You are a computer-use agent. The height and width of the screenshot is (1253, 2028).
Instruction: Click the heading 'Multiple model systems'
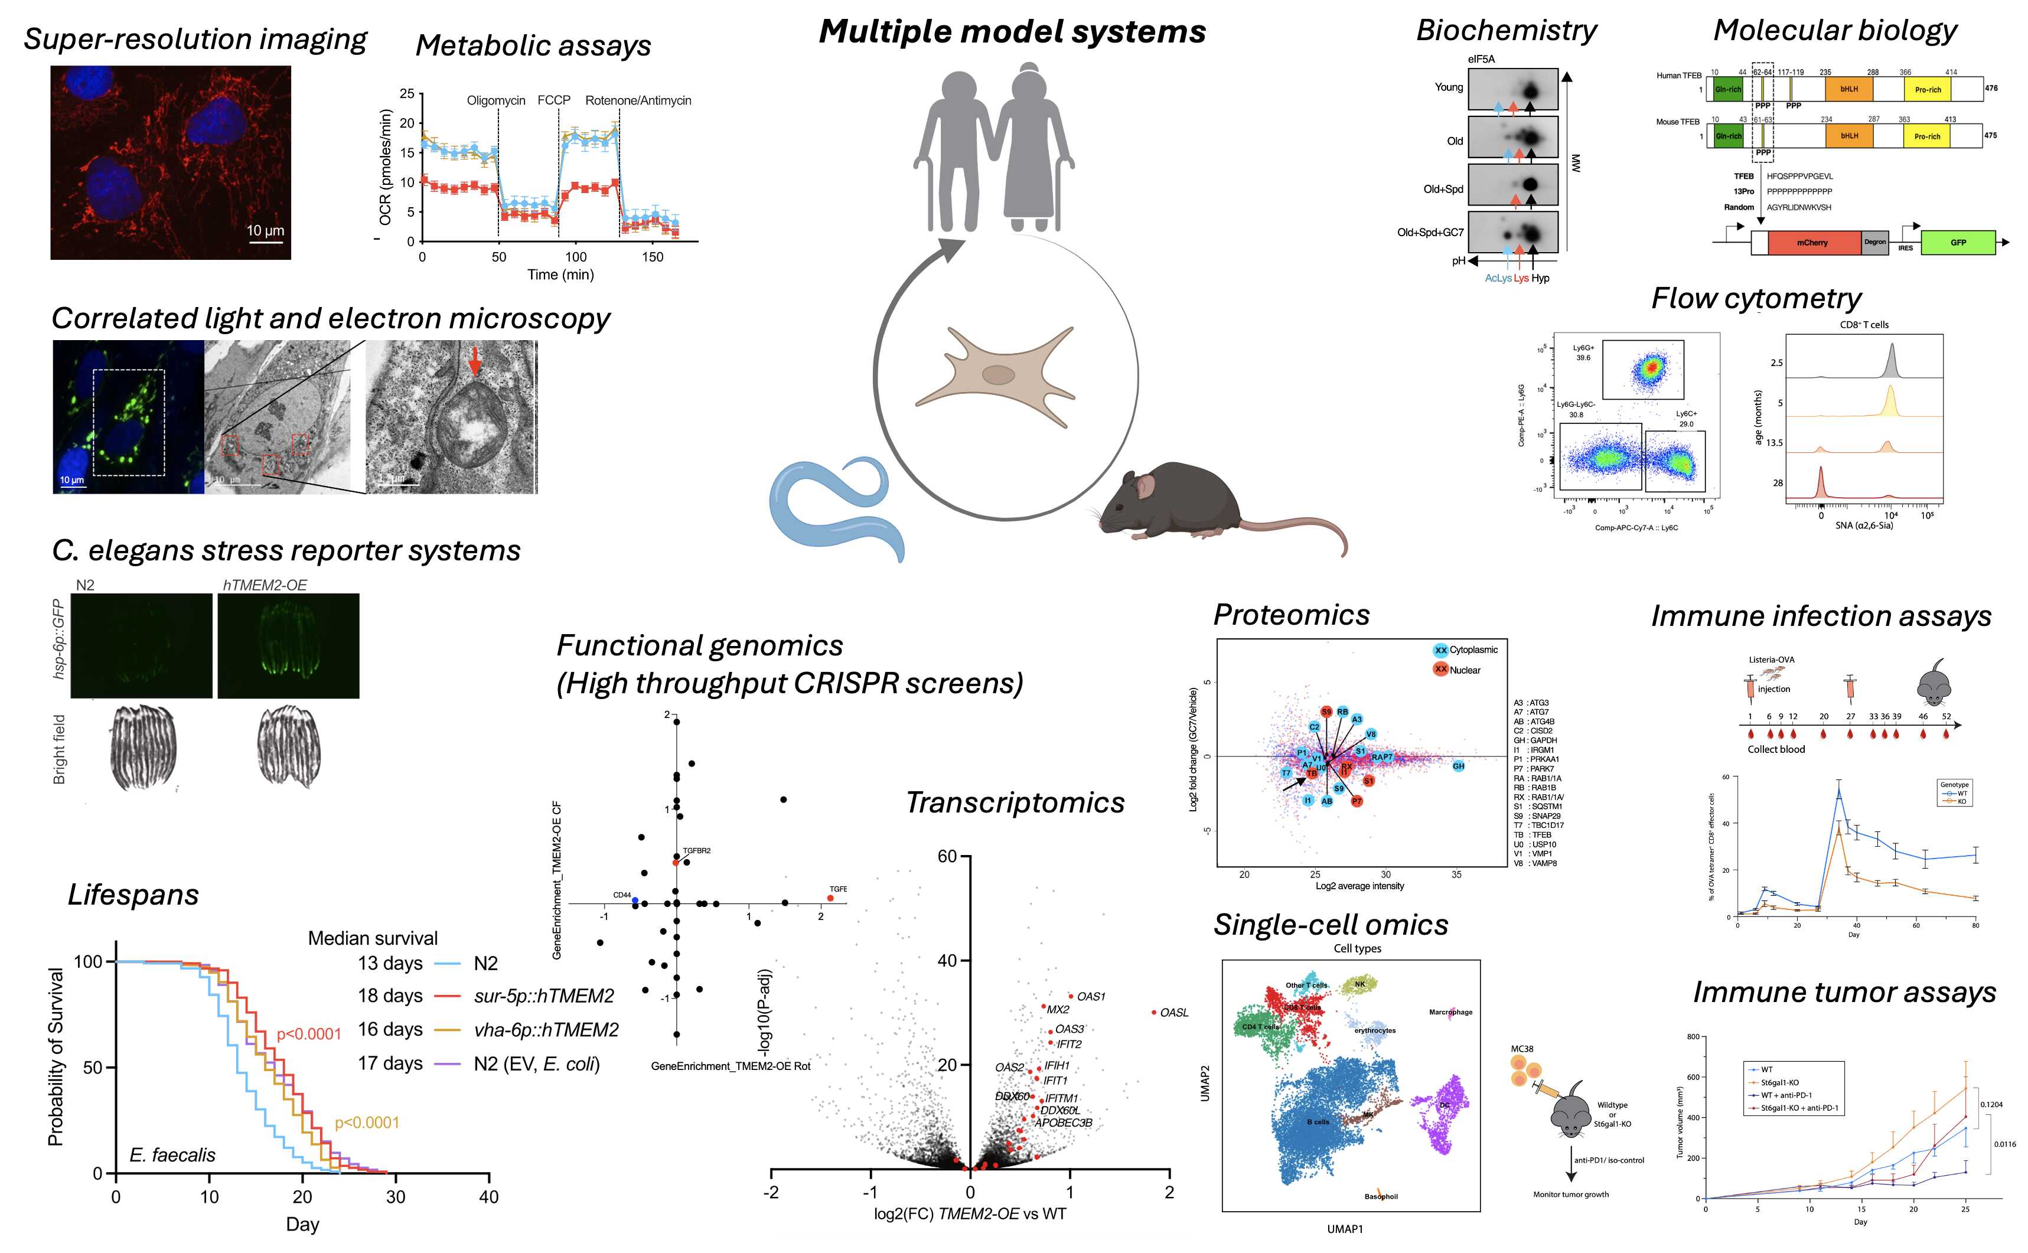[1012, 31]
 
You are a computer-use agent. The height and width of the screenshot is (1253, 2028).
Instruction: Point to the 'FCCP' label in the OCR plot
[553, 100]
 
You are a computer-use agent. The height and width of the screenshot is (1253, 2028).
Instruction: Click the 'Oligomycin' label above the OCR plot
[495, 100]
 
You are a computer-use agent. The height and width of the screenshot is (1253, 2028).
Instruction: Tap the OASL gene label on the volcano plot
[1173, 1013]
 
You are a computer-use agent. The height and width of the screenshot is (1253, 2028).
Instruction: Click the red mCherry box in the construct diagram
[1812, 243]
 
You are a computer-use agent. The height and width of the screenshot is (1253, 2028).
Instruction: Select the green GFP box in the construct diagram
[1958, 243]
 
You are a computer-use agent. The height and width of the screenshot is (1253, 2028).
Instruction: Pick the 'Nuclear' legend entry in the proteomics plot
[1465, 670]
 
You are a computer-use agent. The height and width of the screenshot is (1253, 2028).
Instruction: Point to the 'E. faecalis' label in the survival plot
[172, 1155]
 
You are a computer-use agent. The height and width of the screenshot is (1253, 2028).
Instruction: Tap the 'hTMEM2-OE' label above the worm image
[265, 585]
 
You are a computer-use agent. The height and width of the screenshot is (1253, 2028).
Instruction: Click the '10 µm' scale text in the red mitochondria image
[265, 230]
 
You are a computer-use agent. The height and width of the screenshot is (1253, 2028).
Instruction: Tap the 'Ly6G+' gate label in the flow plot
[1583, 348]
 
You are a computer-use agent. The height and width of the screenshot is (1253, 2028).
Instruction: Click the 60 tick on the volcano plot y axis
[947, 856]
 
